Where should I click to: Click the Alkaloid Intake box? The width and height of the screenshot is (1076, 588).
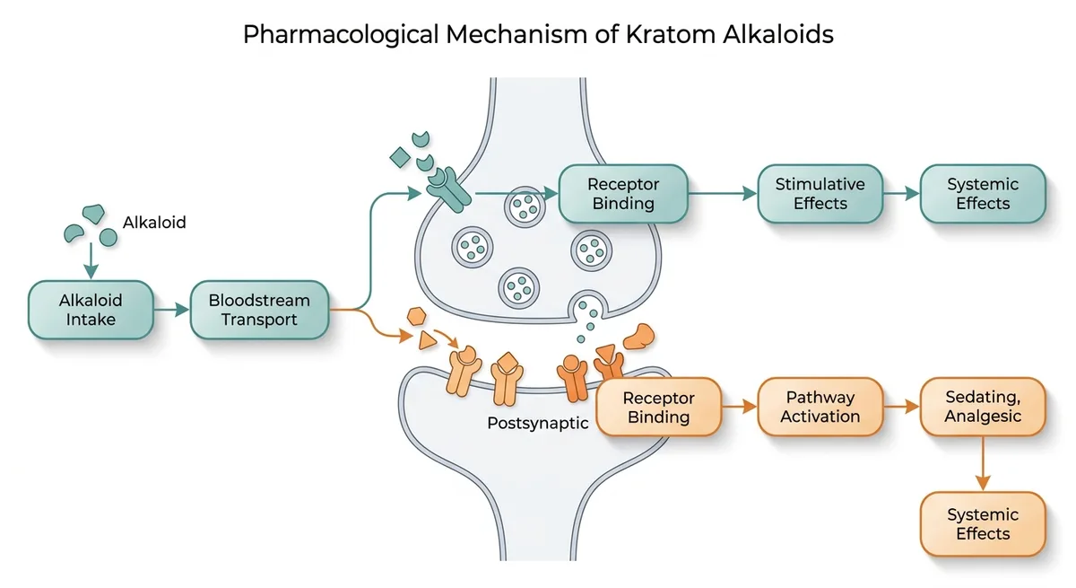(91, 309)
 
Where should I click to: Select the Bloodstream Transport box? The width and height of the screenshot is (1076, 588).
(259, 309)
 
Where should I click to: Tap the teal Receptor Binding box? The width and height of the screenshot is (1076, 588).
(623, 194)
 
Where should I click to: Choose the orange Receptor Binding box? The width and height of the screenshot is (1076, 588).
(659, 407)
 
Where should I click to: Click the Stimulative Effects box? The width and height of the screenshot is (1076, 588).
(820, 194)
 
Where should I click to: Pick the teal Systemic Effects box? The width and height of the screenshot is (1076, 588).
(983, 194)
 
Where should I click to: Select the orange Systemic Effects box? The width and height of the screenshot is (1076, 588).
(983, 524)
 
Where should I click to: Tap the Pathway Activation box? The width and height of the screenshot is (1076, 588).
(820, 407)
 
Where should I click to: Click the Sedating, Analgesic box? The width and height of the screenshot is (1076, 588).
(983, 407)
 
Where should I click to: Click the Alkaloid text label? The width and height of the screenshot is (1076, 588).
(154, 222)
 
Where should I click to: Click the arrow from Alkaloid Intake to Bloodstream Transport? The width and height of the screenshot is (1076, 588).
(171, 309)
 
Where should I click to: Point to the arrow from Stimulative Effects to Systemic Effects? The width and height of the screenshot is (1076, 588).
(901, 193)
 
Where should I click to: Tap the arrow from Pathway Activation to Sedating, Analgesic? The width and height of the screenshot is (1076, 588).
(901, 407)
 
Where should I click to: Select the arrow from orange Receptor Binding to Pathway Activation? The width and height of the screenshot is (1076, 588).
(740, 407)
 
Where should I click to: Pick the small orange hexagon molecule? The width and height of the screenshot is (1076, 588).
(415, 316)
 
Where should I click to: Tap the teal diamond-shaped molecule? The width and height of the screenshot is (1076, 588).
(399, 159)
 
